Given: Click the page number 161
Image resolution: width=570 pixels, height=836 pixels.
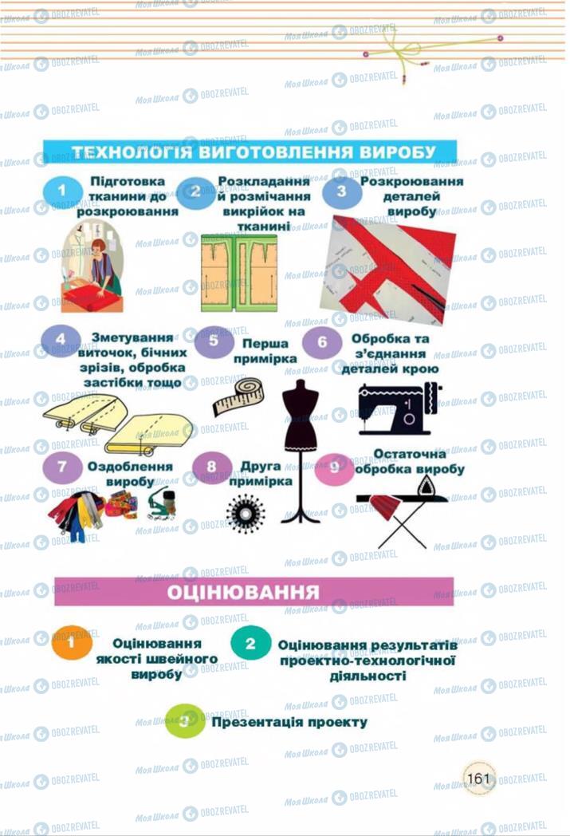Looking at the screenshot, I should [478, 778].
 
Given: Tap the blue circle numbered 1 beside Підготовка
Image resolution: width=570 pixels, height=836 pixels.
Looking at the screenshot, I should [63, 191].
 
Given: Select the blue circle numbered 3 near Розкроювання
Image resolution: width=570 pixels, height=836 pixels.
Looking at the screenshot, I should [341, 192].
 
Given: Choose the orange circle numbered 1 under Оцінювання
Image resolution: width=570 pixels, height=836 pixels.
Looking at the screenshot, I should [72, 643].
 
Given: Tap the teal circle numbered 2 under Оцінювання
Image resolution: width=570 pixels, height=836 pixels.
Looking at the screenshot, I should [250, 643].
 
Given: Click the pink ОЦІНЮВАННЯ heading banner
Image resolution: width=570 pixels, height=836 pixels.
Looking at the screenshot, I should [254, 592].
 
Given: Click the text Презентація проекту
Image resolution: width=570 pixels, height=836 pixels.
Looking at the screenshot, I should [289, 722].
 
